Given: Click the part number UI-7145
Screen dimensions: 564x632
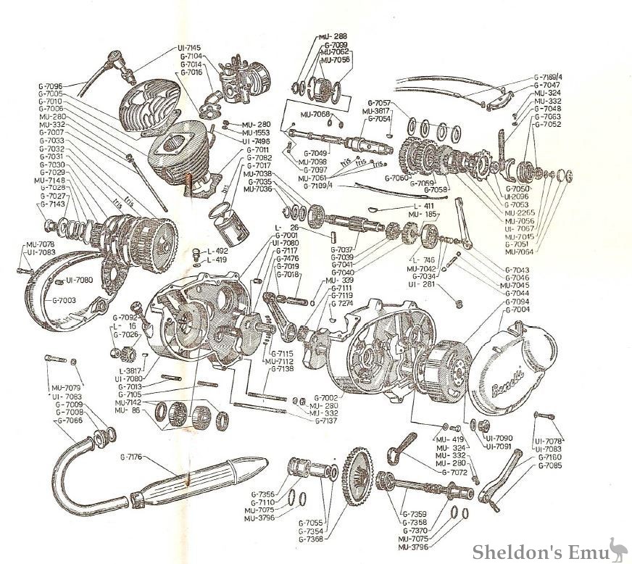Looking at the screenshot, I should pos(190,49).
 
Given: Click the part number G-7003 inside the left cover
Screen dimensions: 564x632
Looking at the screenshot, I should pos(65,299).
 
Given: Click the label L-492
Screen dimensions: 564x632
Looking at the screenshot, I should pos(217,251).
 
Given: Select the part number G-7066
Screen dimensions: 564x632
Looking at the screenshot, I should pos(70,420).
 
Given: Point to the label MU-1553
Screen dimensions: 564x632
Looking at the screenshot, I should pos(257,133).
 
